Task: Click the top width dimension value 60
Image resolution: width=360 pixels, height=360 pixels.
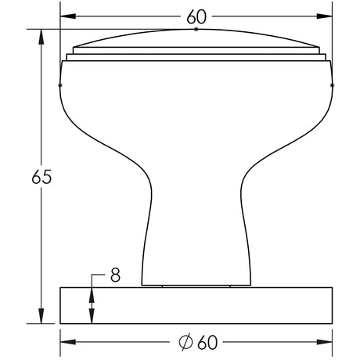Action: coord(196,16)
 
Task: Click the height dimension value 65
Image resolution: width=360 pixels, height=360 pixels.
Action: coord(41,177)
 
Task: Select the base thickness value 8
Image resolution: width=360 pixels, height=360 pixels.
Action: coord(115,275)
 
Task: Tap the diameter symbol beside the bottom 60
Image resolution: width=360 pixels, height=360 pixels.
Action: coord(185,342)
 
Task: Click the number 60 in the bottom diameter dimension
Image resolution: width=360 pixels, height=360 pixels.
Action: coord(207,342)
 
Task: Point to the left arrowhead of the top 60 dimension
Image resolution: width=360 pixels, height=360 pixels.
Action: coord(68,16)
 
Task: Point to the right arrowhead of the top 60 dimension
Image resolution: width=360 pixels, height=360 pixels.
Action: coord(325,16)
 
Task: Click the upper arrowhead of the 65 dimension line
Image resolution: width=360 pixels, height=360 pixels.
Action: coord(41,37)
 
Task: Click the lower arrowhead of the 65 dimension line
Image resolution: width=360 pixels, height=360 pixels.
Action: coord(41,316)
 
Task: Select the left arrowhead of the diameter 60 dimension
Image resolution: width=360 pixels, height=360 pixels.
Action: coord(68,342)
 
